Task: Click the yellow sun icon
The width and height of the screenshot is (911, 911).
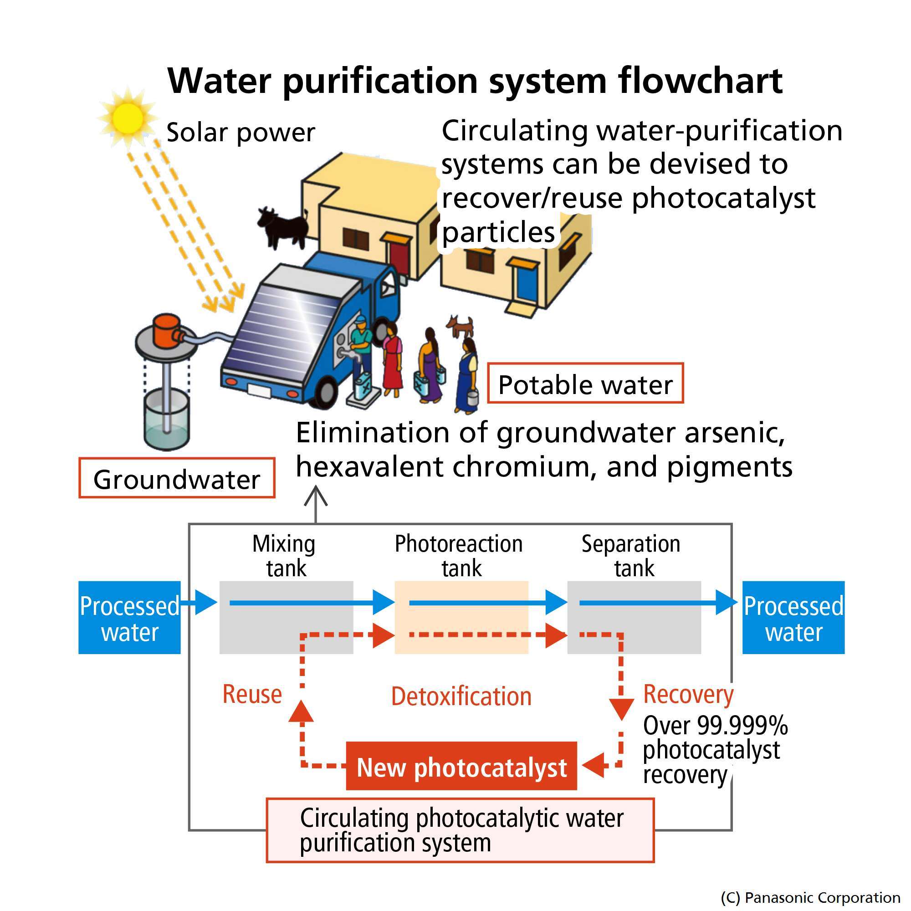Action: click(128, 118)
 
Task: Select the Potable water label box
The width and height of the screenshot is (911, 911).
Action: click(585, 384)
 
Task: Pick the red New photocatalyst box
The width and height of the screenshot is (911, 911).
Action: click(461, 767)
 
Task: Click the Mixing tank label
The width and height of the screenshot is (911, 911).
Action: click(284, 556)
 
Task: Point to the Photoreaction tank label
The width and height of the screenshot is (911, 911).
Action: click(459, 556)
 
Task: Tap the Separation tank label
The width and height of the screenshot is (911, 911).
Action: click(631, 556)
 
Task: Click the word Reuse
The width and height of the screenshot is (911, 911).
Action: click(252, 695)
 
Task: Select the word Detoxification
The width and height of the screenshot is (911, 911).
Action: click(461, 696)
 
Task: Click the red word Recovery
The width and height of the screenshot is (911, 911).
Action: click(688, 695)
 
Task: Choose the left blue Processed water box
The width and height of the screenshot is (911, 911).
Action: click(129, 618)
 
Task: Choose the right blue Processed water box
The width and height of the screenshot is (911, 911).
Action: click(793, 618)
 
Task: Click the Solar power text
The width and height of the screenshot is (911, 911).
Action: click(241, 133)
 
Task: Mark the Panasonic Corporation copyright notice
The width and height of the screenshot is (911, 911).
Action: click(810, 897)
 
